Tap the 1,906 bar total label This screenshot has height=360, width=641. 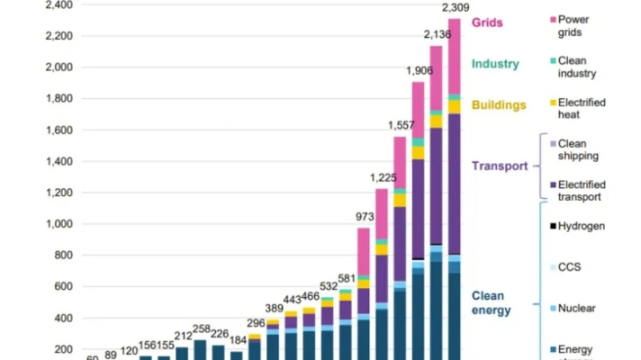point(418,71)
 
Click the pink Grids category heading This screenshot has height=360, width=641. point(487,22)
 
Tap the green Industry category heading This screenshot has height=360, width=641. point(495,64)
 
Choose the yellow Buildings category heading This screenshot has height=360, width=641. point(497,105)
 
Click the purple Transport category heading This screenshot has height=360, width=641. point(499,166)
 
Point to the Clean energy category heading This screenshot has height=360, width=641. point(491,303)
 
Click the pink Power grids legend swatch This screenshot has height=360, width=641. point(551,20)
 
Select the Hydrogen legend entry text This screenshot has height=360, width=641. point(582,227)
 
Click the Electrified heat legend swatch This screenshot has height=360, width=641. point(551,103)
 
